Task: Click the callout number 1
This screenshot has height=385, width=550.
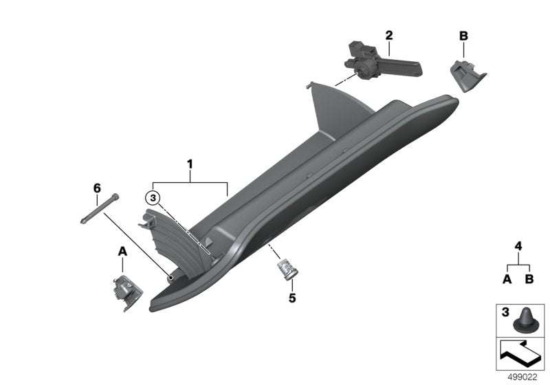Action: (190, 165)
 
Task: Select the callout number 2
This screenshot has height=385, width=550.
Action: (388, 34)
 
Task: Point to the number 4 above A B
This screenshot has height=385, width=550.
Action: (518, 245)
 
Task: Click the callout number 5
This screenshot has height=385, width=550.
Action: (291, 299)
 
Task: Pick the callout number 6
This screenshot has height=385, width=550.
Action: (97, 188)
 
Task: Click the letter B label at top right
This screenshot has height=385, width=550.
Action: (463, 35)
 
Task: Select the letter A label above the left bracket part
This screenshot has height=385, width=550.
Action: (123, 252)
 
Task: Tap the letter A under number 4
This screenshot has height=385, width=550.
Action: (507, 279)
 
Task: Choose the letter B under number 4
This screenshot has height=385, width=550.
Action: (529, 279)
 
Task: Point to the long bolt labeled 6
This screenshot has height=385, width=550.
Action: (100, 208)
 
